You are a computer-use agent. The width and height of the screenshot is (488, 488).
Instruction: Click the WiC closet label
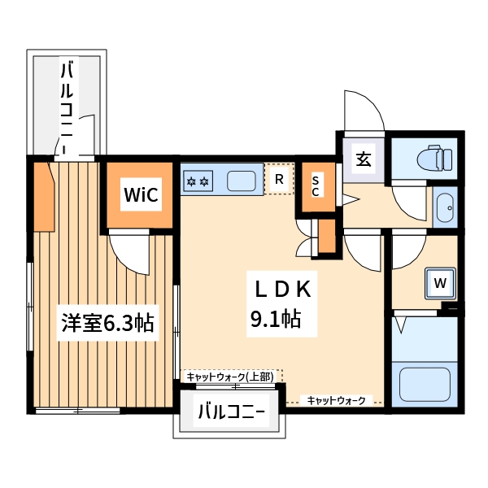point(139,194)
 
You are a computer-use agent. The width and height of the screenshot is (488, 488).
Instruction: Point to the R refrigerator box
point(279,179)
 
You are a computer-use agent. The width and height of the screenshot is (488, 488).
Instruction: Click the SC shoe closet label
point(316,186)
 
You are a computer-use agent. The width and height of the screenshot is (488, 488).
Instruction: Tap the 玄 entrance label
point(363,159)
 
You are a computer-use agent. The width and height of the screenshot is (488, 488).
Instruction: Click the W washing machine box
point(440,283)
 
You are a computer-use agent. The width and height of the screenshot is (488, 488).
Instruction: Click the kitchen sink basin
point(241,180)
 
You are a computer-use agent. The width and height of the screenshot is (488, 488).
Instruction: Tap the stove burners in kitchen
point(198,180)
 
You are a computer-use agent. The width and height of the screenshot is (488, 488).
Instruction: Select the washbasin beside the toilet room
point(445,207)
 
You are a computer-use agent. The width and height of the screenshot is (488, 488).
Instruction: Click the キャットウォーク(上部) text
point(229,376)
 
